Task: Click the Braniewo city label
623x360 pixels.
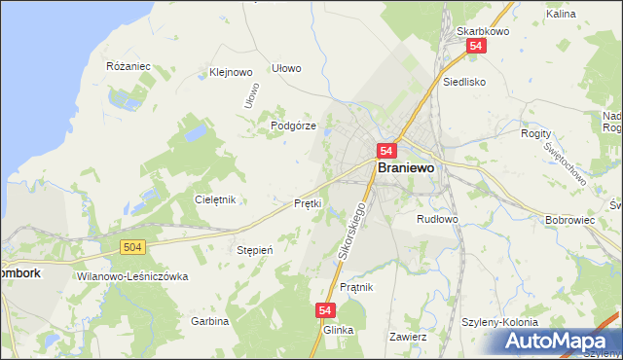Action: (x=405, y=167)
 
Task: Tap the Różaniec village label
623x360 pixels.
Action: (x=128, y=66)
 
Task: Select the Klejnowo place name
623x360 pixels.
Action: (x=231, y=72)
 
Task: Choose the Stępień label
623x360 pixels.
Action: (x=255, y=250)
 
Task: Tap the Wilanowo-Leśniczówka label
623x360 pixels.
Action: (x=131, y=276)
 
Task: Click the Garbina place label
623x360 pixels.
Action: (x=209, y=320)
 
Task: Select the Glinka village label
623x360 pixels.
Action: (x=338, y=330)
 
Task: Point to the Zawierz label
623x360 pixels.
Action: (x=408, y=336)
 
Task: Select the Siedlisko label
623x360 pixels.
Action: (x=463, y=83)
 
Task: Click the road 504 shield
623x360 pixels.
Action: (x=134, y=248)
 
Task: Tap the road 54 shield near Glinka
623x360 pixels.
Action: (x=326, y=310)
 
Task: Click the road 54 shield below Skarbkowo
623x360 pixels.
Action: (x=476, y=47)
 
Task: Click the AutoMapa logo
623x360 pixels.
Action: (x=558, y=341)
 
